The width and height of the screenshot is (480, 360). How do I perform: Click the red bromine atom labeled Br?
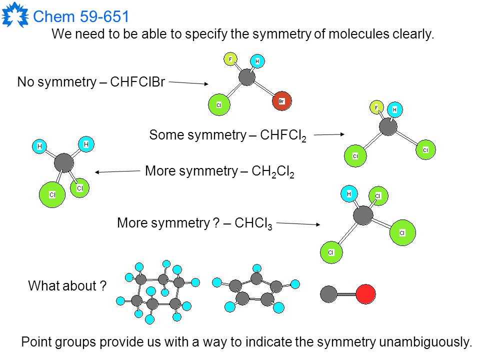coord(282,101)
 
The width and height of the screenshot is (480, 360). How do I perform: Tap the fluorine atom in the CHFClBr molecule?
coord(230,59)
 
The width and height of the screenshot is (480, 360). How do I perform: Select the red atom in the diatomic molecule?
coord(366,294)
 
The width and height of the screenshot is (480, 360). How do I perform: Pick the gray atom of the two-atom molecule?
coord(329,294)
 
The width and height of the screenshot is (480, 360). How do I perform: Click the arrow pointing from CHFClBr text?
coord(188,83)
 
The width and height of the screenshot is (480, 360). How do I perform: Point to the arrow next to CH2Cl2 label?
coord(117,171)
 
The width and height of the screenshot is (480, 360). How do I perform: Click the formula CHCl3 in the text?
coord(253,223)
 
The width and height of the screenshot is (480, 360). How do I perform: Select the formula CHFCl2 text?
coord(283,135)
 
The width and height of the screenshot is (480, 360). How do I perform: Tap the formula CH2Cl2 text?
coord(273,171)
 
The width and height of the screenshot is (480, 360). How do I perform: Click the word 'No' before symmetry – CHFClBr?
coord(25,82)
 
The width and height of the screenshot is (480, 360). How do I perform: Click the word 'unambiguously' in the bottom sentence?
coord(425,342)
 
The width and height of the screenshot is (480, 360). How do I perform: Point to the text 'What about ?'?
coord(67,285)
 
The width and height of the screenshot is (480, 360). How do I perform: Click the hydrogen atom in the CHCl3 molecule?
coord(349,194)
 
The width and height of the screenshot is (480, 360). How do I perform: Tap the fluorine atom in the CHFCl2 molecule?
coord(376,107)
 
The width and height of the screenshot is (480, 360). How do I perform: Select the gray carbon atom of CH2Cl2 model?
coord(64,162)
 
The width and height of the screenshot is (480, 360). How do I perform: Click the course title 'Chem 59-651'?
coord(81,16)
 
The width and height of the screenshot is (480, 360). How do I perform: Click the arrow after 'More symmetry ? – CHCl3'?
coord(298,224)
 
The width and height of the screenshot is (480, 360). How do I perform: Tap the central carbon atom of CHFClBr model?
coord(246,77)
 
